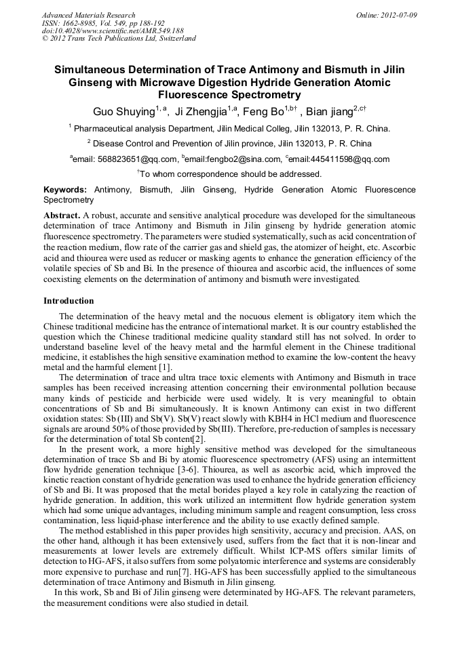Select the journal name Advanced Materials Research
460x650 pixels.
tap(88, 15)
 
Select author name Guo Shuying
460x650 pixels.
tap(123, 111)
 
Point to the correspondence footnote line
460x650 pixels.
tap(229, 174)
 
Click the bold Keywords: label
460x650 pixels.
tap(65, 190)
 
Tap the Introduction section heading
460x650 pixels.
tap(69, 300)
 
